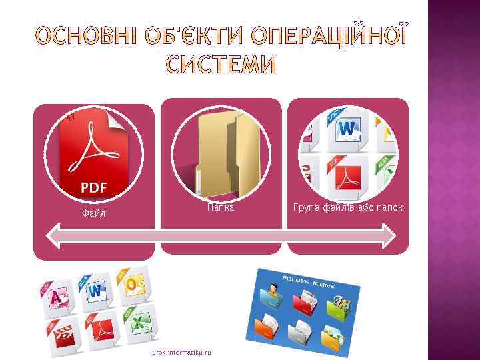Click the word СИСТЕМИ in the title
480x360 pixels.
pos(219,65)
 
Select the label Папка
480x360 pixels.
pos(220,208)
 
